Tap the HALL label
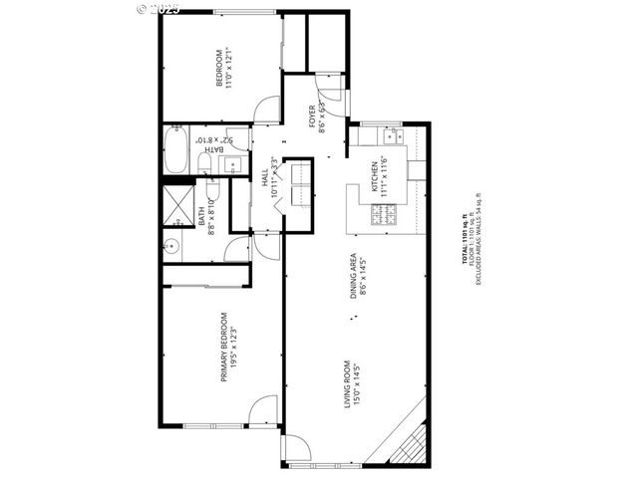tap(265, 179)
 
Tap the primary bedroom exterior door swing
tap(263, 410)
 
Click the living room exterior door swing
tap(297, 450)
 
